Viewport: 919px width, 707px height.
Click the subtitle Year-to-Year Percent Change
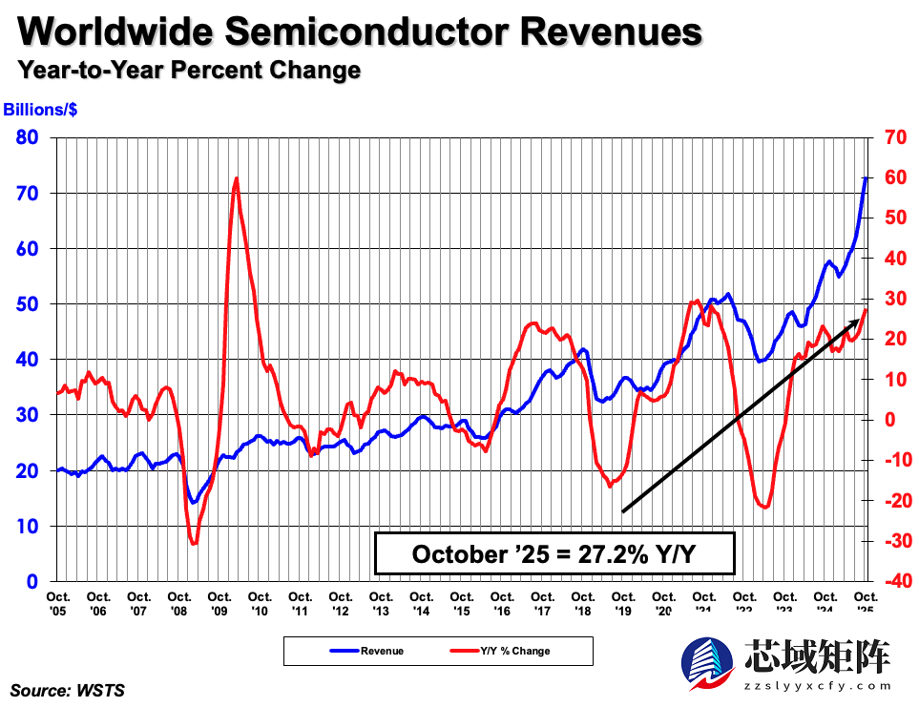click(x=189, y=70)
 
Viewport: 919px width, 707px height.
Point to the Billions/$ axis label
click(x=41, y=110)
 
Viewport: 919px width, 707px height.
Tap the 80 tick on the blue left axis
click(x=27, y=137)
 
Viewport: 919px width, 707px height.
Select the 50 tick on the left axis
click(x=27, y=304)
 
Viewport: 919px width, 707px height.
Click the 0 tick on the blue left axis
click(x=32, y=581)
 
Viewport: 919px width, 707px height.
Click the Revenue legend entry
click(x=367, y=651)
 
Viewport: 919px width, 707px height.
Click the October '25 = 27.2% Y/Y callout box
click(x=554, y=554)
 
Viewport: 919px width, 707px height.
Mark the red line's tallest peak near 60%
click(x=236, y=178)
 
